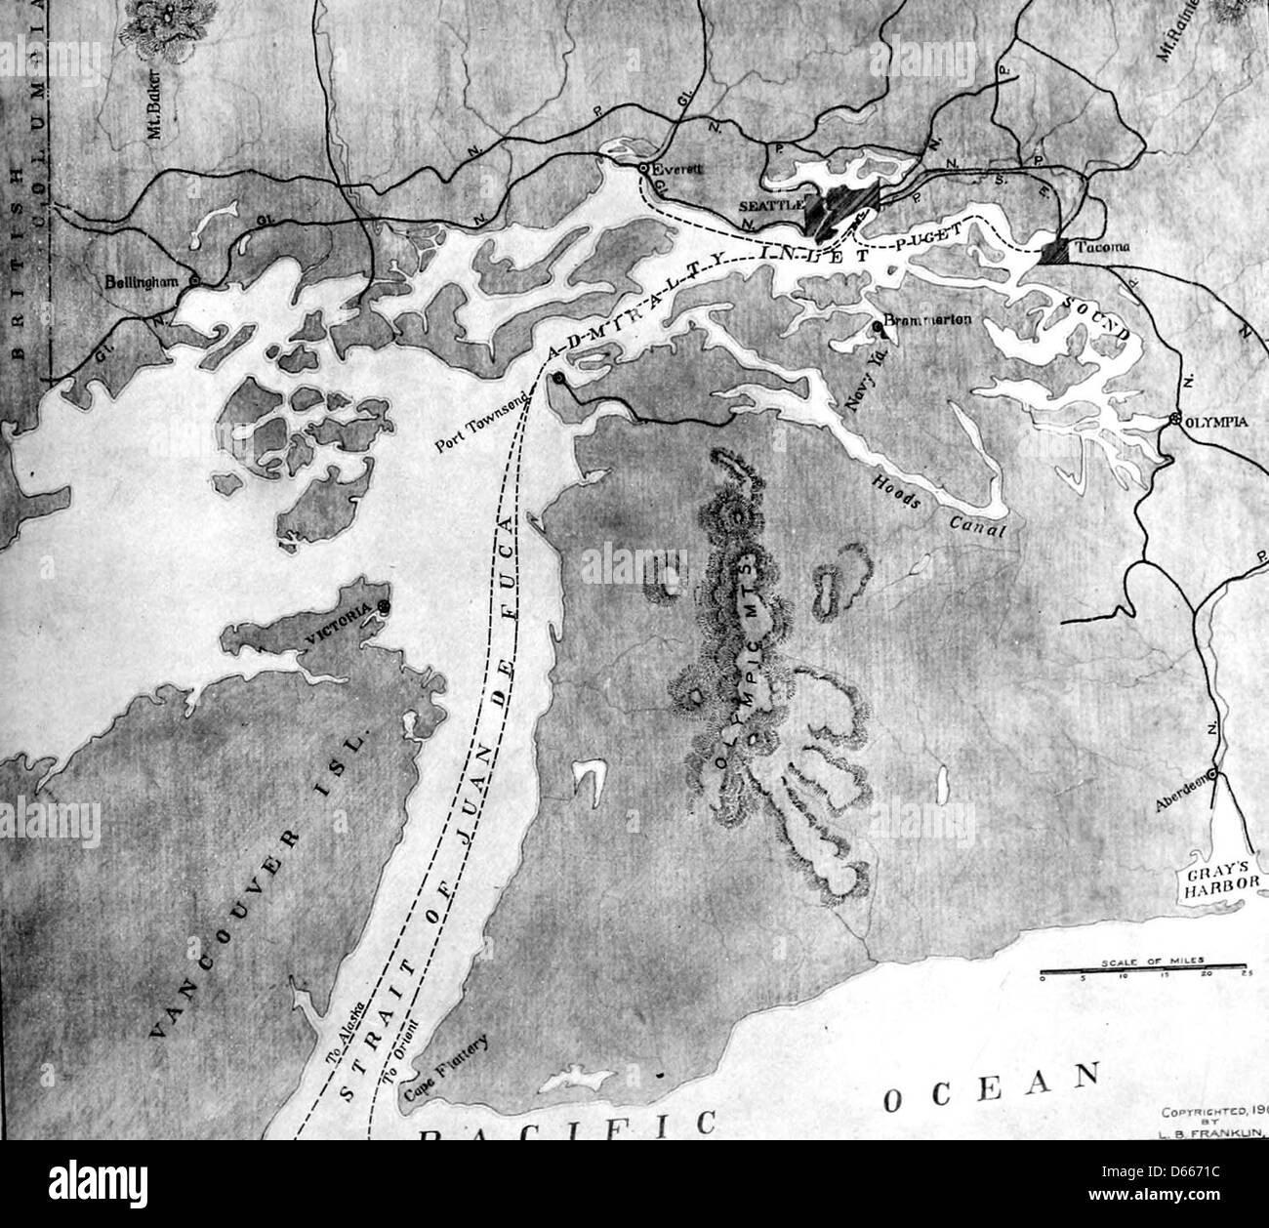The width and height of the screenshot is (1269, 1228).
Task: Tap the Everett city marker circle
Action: (x=643, y=169)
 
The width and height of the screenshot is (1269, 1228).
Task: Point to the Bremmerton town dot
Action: (x=878, y=325)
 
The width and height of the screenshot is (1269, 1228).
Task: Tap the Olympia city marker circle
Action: (x=1176, y=420)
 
